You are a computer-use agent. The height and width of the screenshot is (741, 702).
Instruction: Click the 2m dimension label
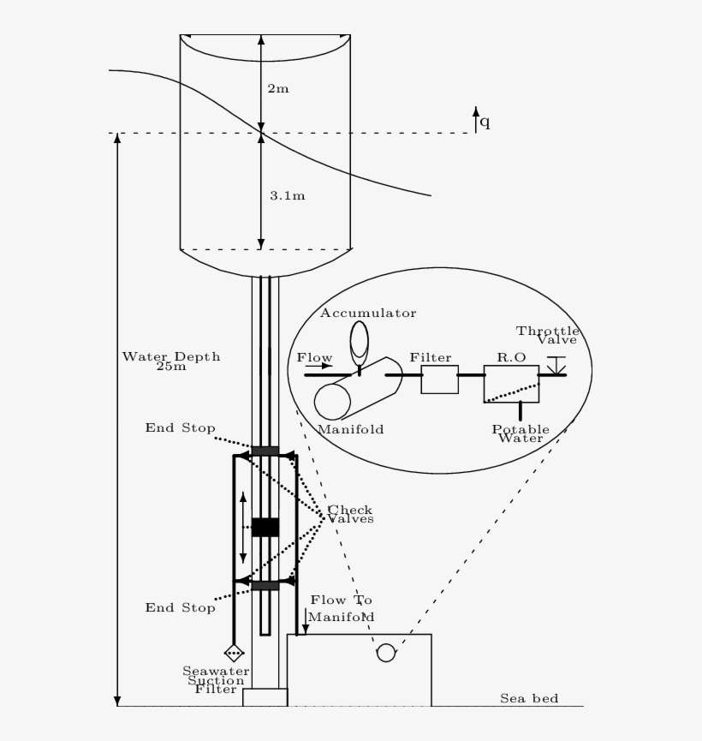[x=278, y=88]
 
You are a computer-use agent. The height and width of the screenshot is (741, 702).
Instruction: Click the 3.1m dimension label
[x=288, y=195]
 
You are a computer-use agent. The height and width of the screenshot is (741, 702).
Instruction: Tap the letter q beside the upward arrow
[x=485, y=122]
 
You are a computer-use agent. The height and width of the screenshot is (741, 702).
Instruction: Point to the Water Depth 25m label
[x=170, y=361]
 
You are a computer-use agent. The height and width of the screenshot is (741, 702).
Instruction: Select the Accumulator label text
[x=368, y=313]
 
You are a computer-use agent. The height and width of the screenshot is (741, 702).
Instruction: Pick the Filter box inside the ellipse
[x=439, y=379]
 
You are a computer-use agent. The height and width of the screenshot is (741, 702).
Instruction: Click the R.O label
[x=511, y=358]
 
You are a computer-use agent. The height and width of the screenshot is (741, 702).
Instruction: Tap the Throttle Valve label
[x=548, y=335]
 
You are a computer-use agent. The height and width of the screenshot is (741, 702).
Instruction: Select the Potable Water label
[x=521, y=433]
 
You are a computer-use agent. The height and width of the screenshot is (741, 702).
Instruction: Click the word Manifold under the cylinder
[x=350, y=428]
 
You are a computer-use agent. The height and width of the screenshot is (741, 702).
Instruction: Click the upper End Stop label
[x=180, y=427]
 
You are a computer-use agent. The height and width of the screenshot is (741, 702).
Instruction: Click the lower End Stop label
[x=180, y=607]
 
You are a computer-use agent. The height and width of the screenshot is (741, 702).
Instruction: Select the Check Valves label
[x=350, y=514]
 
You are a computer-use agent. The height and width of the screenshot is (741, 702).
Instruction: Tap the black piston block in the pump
[x=265, y=527]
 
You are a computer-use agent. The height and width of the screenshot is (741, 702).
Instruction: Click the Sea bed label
[x=529, y=698]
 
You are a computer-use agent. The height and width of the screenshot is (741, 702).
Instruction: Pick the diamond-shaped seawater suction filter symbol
[x=234, y=653]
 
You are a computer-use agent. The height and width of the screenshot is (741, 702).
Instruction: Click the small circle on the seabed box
[x=386, y=653]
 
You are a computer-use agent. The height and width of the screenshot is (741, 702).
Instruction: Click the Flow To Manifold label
[x=341, y=608]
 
